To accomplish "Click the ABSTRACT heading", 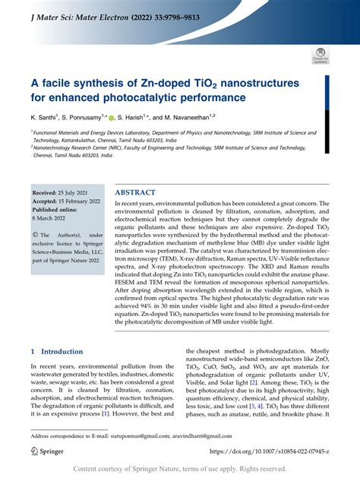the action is click(136, 193).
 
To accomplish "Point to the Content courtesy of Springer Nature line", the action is click(180, 470).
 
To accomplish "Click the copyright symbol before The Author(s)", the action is click(34, 236).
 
